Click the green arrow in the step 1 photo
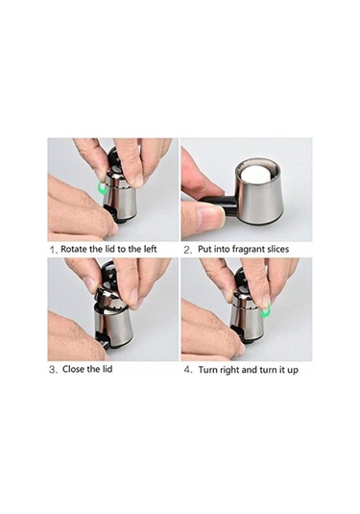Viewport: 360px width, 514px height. pos(103,189)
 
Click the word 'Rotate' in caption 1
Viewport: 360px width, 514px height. pos(74,249)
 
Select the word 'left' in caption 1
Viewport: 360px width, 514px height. pos(151,249)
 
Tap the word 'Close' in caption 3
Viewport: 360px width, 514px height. pos(73,369)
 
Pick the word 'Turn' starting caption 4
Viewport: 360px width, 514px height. pos(208,370)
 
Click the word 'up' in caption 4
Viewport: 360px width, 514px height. pos(293,371)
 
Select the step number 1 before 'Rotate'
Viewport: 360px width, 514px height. pos(53,250)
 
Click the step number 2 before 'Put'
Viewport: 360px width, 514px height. pos(187,250)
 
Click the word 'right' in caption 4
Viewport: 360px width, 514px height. pos(230,371)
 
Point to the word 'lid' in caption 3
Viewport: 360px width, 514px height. pos(106,369)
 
